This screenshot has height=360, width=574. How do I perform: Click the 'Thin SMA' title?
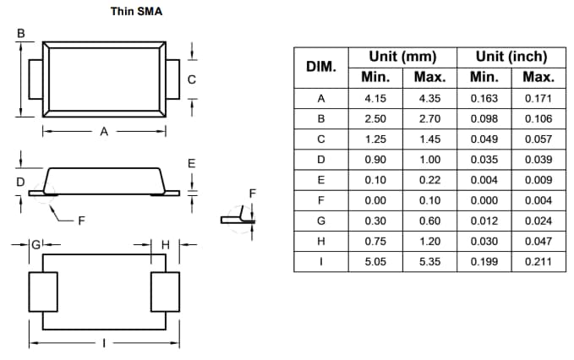pyautogui.click(x=137, y=13)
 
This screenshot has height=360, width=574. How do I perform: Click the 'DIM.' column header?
pyautogui.click(x=320, y=67)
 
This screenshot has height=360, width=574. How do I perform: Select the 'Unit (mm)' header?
pyautogui.click(x=402, y=57)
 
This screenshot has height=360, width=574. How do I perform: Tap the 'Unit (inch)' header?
pyautogui.click(x=511, y=57)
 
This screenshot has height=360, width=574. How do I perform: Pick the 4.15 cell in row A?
pyautogui.click(x=374, y=98)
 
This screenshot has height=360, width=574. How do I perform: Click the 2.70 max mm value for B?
pyautogui.click(x=429, y=118)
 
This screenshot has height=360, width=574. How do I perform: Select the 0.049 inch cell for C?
pyautogui.click(x=484, y=139)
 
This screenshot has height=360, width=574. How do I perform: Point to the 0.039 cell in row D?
pyautogui.click(x=538, y=159)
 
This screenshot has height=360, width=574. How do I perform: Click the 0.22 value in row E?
pyautogui.click(x=429, y=180)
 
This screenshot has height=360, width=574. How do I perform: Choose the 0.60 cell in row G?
pyautogui.click(x=429, y=221)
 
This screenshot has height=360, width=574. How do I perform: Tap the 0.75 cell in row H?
pyautogui.click(x=374, y=241)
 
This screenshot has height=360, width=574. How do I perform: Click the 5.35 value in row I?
pyautogui.click(x=429, y=262)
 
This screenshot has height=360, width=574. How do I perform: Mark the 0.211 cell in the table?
pyautogui.click(x=538, y=262)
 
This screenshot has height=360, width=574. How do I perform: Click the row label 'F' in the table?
pyautogui.click(x=320, y=200)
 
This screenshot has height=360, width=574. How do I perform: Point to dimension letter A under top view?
pyautogui.click(x=104, y=132)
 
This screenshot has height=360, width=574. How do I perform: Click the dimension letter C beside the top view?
pyautogui.click(x=193, y=80)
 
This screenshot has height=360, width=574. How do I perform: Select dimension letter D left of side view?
pyautogui.click(x=20, y=181)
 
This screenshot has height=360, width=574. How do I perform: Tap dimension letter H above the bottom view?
pyautogui.click(x=165, y=244)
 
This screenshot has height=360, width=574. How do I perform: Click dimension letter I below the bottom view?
pyautogui.click(x=104, y=343)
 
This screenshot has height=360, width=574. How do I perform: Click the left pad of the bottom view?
pyautogui.click(x=43, y=292)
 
